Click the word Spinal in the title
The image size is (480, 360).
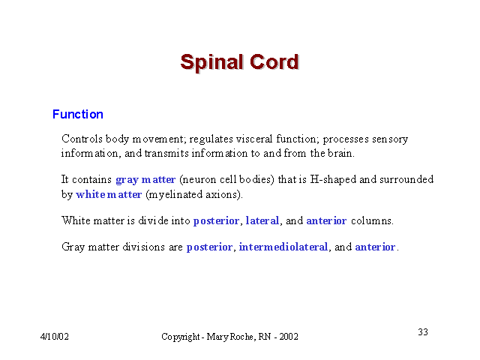coord(212,63)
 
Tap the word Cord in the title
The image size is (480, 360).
coord(274,61)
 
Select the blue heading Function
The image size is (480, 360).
coord(78,114)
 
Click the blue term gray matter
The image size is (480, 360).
coord(145,180)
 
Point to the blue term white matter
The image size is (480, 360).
coord(109,194)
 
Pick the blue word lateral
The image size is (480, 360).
coord(262,220)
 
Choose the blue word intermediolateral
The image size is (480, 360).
coord(283,247)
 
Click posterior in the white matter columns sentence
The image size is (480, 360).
coord(216,221)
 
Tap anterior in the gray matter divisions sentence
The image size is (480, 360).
coord(375,247)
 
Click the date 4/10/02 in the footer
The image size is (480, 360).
coord(55,337)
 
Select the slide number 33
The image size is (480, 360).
coord(423,331)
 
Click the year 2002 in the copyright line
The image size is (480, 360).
coord(289,337)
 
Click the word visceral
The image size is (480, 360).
coord(253,139)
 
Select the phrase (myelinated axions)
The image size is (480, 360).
coord(194,195)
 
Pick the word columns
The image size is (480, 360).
coord(372,220)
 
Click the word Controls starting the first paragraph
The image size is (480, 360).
coord(82,139)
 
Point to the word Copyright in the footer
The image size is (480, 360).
coord(180,337)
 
